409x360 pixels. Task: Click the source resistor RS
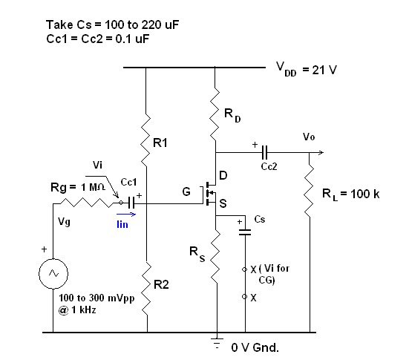215,252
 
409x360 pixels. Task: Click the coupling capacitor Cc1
131,201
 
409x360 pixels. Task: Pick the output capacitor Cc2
264,154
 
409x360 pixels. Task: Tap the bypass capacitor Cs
244,232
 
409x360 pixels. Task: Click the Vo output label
309,137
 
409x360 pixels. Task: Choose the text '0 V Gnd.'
255,347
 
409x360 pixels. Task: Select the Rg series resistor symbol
87,201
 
